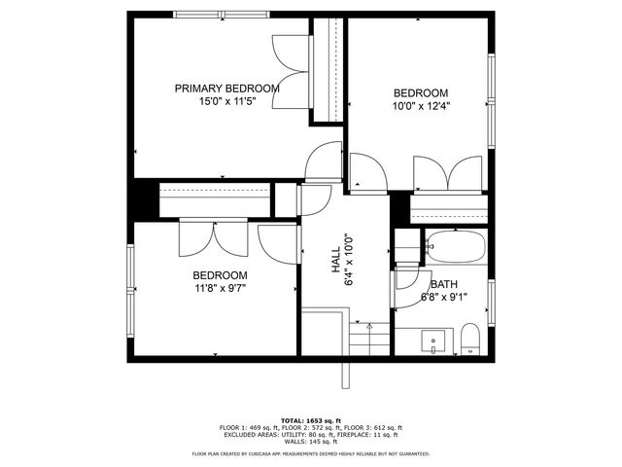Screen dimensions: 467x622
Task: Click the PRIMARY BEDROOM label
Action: point(226,89)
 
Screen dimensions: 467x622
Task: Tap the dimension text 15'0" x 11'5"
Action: point(226,101)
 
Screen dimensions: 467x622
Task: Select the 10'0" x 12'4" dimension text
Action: point(421,106)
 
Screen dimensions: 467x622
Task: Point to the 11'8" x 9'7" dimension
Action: point(219,288)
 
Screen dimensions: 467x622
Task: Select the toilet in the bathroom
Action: point(470,340)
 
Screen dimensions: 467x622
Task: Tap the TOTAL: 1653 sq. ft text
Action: point(310,420)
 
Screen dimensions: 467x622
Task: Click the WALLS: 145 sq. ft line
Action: point(310,442)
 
